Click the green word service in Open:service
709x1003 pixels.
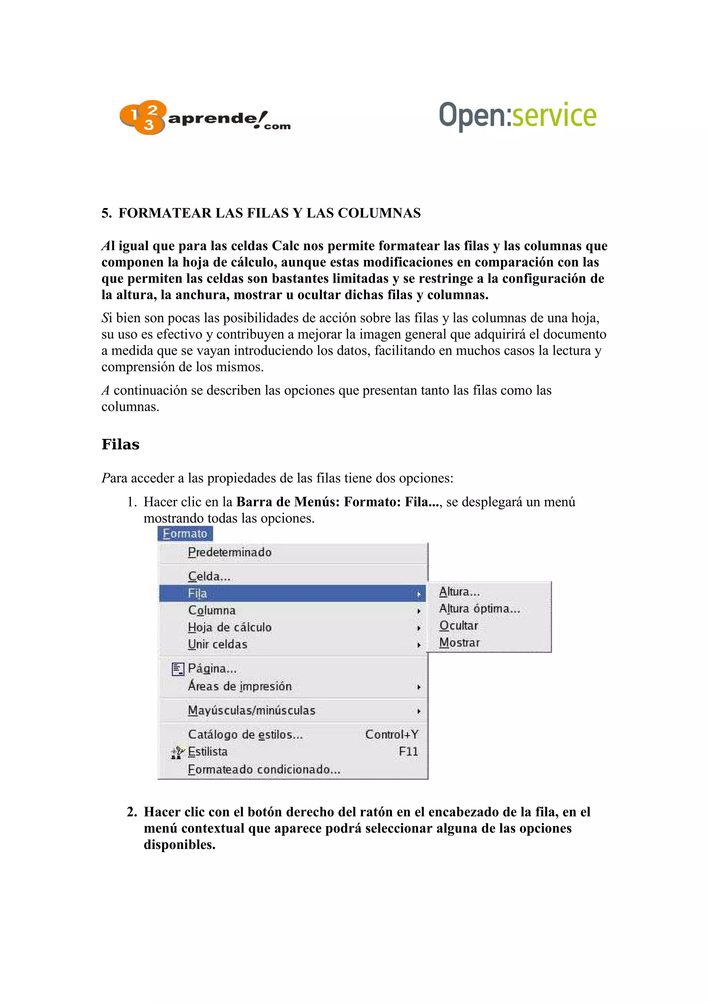554,115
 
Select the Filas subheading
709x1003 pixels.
120,444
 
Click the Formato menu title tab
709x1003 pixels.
185,534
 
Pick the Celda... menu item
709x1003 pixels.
209,577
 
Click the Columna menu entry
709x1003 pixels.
212,610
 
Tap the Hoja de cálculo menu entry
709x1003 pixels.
230,627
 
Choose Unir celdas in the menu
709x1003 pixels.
217,644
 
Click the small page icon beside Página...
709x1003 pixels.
178,669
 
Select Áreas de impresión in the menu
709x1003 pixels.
239,686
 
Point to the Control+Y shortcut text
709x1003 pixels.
392,735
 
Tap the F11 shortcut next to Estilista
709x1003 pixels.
408,752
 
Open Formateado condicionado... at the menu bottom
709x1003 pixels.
264,770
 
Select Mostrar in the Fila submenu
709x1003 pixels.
459,643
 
